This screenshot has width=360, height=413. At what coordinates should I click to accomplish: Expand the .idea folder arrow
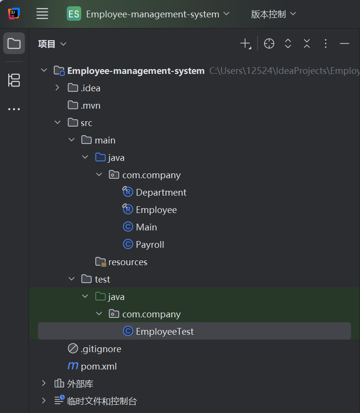(57, 88)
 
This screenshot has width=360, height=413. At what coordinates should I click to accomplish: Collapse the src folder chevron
(58, 122)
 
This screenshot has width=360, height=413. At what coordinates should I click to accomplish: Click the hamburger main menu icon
(42, 14)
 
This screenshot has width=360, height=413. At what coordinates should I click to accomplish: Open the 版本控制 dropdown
(274, 14)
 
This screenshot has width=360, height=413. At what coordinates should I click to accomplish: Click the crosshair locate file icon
(269, 43)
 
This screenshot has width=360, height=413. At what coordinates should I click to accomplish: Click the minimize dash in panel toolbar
(345, 43)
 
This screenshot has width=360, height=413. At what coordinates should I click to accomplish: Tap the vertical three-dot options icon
(326, 43)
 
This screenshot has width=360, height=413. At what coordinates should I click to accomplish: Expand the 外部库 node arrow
(44, 383)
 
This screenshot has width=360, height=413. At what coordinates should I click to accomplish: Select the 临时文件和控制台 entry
(102, 401)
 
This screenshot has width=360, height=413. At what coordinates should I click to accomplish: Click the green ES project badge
(74, 14)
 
